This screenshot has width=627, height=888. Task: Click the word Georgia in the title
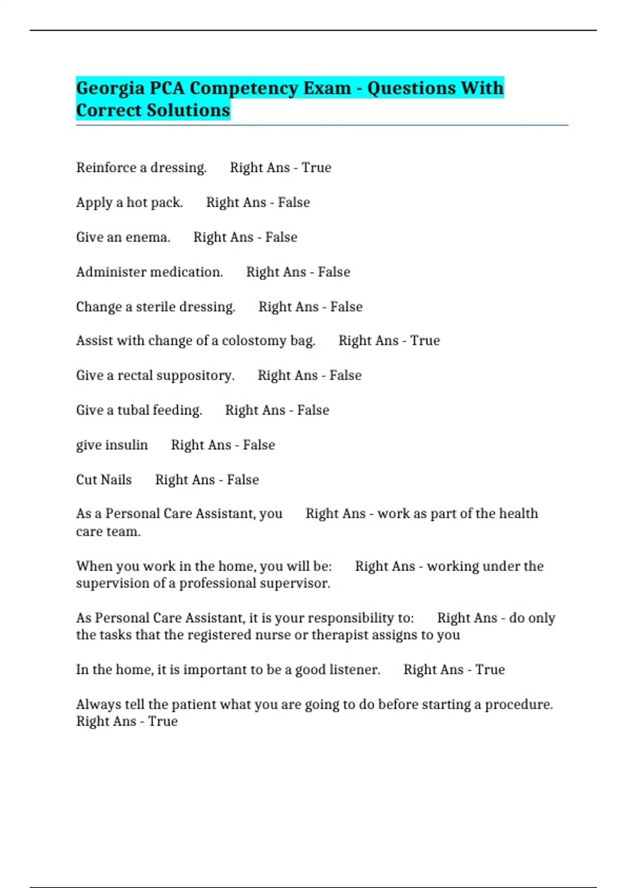coord(110,89)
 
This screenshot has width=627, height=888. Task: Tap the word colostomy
coord(253,341)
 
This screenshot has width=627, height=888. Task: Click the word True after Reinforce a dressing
coord(317,168)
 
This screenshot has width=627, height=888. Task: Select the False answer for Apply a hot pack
coord(294,202)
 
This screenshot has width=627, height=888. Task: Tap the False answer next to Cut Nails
coord(243,480)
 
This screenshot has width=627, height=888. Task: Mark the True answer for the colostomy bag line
coord(425,341)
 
